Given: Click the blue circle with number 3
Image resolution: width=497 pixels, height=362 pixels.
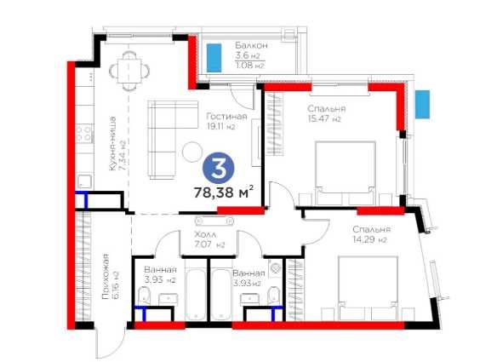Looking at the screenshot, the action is [x=219, y=168].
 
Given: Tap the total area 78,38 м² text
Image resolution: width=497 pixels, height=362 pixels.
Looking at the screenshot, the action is [x=224, y=192].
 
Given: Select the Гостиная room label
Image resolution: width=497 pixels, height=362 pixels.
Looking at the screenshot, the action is [x=226, y=117].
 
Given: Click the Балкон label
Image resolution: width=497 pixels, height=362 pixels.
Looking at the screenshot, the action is [x=251, y=45].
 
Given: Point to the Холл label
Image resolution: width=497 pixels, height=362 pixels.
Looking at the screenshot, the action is [x=205, y=235].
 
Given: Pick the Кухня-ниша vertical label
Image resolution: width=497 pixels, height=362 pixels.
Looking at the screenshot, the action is [x=112, y=143].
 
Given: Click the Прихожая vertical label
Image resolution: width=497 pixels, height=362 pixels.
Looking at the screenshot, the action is [x=106, y=276].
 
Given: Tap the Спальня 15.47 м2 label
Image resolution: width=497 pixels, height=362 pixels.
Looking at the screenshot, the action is [x=326, y=113].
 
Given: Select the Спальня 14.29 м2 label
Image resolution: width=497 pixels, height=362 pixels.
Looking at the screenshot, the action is [x=372, y=234].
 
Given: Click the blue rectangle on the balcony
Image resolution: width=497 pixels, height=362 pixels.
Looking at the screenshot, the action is [x=214, y=58].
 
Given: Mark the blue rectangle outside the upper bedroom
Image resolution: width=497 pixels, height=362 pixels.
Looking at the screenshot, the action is [x=422, y=105].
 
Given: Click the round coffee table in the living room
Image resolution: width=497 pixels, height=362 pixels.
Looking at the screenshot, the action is [x=192, y=152].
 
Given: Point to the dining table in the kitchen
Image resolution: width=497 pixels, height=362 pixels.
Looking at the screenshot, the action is [x=129, y=71].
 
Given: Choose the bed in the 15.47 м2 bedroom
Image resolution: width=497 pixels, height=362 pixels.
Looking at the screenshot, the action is [x=346, y=173].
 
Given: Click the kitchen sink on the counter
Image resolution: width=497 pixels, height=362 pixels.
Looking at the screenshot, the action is [x=84, y=181].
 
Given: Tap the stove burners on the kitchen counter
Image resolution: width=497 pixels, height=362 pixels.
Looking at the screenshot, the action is [x=84, y=133].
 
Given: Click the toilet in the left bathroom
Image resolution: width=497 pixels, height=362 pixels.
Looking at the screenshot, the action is [x=144, y=296].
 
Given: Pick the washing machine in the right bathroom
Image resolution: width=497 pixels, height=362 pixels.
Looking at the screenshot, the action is [x=275, y=268].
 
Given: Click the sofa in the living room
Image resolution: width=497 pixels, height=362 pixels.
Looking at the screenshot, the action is [x=163, y=140].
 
